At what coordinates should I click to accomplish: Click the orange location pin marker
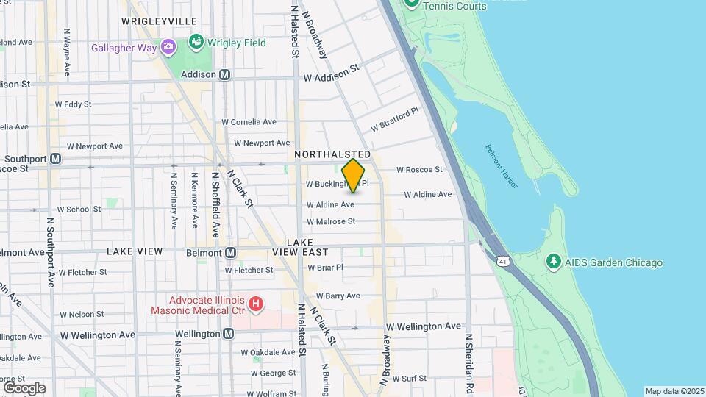353,175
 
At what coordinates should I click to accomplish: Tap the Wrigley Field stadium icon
196,42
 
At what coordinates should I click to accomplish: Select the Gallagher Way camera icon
168,48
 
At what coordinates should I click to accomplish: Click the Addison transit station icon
225,74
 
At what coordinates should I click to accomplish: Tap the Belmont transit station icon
230,253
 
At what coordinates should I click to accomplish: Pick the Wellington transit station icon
228,334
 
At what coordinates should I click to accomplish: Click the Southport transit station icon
55,159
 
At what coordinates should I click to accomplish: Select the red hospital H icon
256,304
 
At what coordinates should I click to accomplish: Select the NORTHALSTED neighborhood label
332,155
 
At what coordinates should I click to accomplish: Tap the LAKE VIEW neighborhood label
135,251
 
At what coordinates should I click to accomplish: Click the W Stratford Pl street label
394,119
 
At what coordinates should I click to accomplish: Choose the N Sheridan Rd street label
468,362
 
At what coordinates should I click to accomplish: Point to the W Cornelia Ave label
249,122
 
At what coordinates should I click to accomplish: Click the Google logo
24,387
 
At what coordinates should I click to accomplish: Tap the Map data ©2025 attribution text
674,391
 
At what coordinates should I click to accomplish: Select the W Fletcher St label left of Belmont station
82,272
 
